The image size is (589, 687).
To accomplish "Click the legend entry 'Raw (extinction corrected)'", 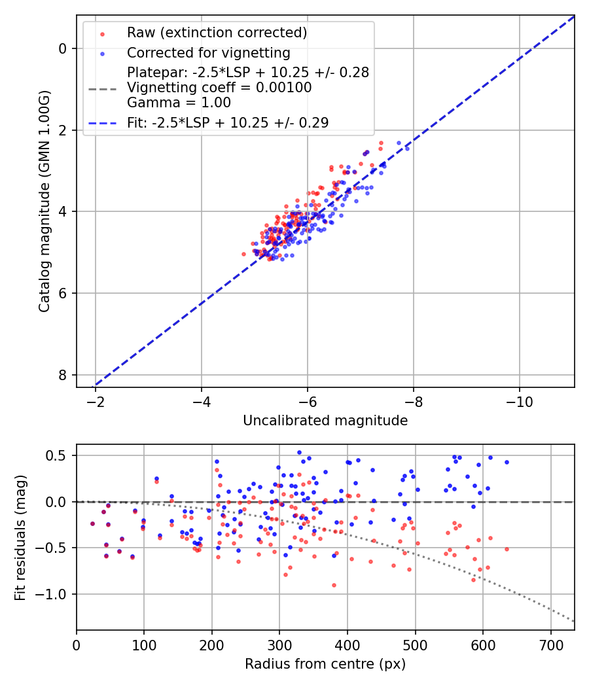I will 217,33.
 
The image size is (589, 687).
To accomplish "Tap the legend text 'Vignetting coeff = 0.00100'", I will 219,88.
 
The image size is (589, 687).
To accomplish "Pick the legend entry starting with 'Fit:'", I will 228,122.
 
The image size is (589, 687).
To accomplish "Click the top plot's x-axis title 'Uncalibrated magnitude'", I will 325,421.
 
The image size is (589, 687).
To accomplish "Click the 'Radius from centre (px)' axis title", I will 325,664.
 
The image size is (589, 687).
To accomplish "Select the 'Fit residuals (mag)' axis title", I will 20,537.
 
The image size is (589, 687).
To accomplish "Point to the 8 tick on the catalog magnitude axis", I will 63,375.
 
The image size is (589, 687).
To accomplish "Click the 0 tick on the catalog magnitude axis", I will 63,48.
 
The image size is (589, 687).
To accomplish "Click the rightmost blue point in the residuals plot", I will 507,462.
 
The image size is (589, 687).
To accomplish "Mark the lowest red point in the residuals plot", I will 334,585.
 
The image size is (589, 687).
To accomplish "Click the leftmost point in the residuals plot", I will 92,523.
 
